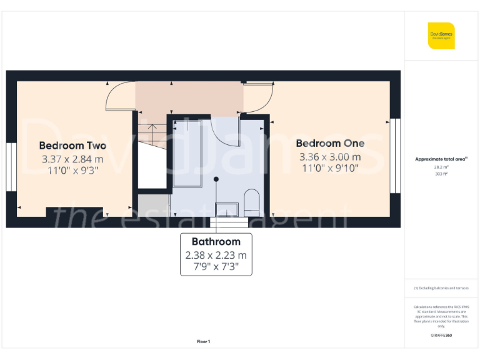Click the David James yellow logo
point(441,36)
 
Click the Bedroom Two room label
point(72,146)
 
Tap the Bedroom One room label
point(330,143)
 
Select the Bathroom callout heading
point(216,241)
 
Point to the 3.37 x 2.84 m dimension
point(72,159)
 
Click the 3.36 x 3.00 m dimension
point(330,156)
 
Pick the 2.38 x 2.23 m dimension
point(216,255)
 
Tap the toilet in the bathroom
point(252,201)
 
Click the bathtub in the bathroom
point(187,151)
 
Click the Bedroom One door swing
point(257,97)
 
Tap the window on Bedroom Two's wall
point(10,166)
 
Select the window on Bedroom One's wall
point(395,156)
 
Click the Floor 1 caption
point(203,342)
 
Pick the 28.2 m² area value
point(441,167)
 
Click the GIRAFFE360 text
point(441,336)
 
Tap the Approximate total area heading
point(441,159)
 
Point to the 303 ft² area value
point(441,174)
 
